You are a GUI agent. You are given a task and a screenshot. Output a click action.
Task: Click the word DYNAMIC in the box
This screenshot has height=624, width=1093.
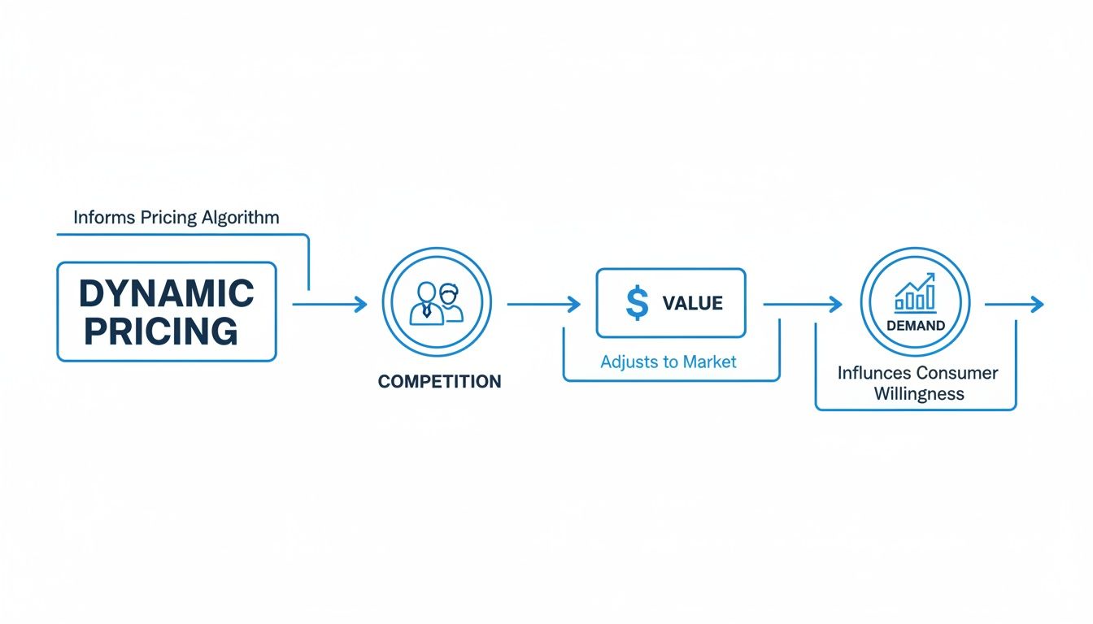[167, 293]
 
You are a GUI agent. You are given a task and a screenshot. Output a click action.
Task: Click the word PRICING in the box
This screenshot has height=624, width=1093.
[161, 331]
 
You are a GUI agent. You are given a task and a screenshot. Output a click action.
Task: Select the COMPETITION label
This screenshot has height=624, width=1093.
[439, 381]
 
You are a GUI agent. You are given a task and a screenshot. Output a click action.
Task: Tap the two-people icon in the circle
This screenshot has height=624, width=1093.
[437, 303]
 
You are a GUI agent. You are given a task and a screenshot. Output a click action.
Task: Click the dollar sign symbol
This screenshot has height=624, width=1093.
[638, 303]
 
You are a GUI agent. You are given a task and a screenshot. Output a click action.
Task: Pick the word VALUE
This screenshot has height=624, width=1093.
[692, 304]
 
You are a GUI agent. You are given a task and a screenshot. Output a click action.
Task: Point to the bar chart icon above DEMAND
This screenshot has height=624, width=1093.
[915, 293]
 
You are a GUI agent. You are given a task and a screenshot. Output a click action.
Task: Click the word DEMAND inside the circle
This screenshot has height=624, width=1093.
[915, 326]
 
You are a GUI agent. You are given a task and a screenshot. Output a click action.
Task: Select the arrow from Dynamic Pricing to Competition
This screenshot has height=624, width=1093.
[329, 305]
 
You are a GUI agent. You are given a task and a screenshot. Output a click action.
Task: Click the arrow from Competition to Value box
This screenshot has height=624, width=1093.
[543, 305]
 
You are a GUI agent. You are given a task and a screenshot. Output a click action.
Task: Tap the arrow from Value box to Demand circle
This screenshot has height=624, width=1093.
[802, 305]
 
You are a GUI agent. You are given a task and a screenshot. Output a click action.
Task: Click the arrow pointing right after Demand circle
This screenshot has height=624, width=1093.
[1013, 305]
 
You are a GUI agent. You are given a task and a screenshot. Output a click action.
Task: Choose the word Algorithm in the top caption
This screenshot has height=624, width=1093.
[243, 218]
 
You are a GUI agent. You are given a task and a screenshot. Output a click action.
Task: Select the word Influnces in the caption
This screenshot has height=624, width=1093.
[873, 373]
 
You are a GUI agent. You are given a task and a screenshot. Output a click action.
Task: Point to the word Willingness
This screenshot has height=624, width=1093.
[919, 394]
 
